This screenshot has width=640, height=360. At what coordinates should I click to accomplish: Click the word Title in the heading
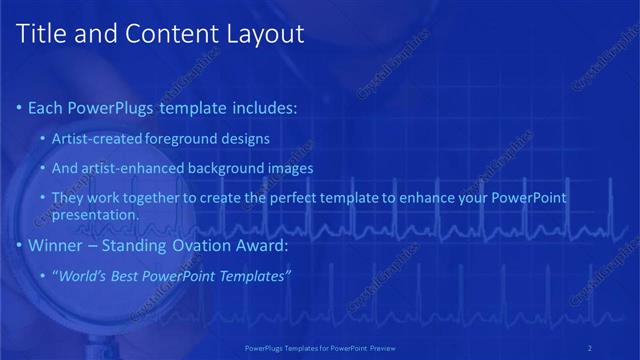pyautogui.click(x=43, y=34)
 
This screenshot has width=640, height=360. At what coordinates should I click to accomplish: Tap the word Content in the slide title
pyautogui.click(x=161, y=34)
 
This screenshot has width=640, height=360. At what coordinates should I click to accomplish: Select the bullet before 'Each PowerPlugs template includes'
pyautogui.click(x=20, y=107)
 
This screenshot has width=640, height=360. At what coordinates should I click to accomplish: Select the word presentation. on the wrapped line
pyautogui.click(x=95, y=214)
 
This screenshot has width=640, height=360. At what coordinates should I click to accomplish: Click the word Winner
pyautogui.click(x=54, y=244)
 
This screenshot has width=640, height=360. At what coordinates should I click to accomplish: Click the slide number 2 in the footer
pyautogui.click(x=589, y=347)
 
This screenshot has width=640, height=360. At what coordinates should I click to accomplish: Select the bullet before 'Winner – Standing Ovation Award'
pyautogui.click(x=20, y=244)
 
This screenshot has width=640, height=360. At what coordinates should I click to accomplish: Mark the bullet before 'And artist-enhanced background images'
pyautogui.click(x=42, y=168)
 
